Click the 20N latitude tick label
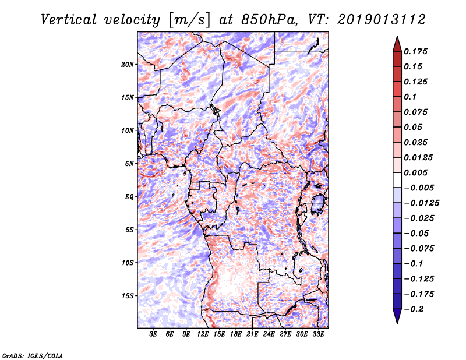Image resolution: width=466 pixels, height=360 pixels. coord(128,64)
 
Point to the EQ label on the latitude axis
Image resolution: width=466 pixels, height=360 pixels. coord(130,197)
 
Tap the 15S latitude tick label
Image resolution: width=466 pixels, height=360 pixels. coord(128,296)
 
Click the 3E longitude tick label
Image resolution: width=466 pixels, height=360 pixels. coord(154,334)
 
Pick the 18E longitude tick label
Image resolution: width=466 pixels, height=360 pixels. coord(236,334)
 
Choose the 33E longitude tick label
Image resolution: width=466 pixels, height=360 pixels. coord(318,334)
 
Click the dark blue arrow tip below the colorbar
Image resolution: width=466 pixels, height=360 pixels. coord(397,319)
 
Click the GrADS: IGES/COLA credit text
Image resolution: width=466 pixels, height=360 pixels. coord(33,355)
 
